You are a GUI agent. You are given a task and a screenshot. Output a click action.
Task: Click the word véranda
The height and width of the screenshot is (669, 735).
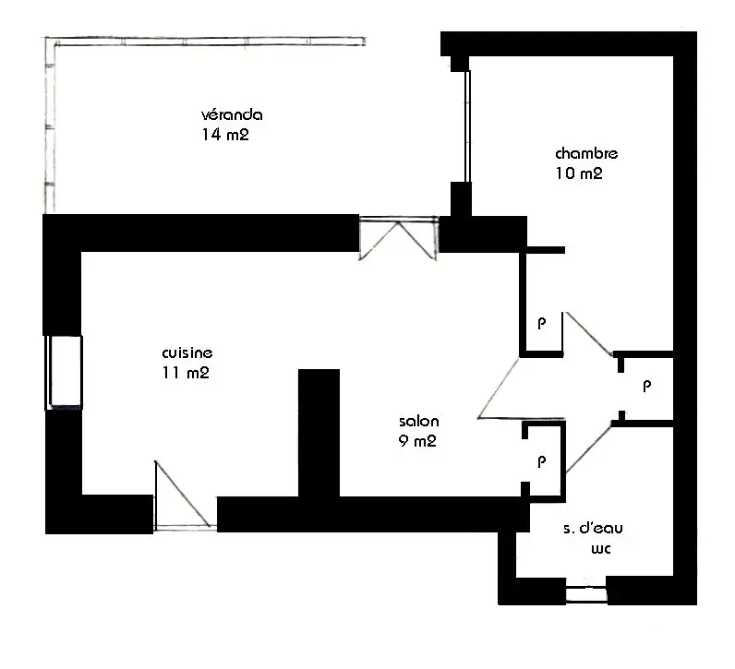(232, 114)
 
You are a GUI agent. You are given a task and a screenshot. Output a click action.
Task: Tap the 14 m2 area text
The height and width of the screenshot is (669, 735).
(225, 135)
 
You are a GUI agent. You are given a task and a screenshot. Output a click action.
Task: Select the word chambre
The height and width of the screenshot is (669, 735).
(586, 153)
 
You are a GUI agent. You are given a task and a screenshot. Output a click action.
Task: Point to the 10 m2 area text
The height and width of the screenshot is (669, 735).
(579, 173)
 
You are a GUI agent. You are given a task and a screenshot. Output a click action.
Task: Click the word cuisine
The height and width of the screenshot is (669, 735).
(187, 352)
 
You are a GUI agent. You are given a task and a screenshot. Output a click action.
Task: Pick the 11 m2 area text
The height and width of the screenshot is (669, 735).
(186, 373)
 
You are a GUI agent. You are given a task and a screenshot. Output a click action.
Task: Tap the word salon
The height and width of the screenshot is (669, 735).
(418, 421)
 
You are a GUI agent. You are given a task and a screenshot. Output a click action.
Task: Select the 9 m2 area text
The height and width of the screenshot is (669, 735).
(417, 441)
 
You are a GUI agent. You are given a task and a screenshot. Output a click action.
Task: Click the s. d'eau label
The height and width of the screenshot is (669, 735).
(593, 528)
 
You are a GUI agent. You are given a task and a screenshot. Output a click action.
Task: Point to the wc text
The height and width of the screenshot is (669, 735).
(600, 548)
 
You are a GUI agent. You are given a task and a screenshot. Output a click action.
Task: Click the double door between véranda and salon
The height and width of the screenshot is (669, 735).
(399, 238)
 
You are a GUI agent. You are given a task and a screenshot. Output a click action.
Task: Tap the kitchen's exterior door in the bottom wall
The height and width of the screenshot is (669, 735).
(186, 496)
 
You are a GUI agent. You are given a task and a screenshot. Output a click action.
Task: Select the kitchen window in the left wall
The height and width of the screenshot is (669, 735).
(65, 373)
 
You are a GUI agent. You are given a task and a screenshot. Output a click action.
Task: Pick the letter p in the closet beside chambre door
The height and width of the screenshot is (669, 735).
(542, 323)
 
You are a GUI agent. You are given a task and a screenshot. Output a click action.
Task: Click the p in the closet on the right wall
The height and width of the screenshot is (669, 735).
(647, 387)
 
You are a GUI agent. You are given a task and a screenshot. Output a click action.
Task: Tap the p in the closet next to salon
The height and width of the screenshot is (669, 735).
(542, 461)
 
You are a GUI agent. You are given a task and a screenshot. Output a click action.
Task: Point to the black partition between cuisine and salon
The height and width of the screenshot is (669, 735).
(319, 433)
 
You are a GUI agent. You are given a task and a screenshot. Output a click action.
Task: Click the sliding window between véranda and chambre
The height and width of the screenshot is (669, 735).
(467, 126)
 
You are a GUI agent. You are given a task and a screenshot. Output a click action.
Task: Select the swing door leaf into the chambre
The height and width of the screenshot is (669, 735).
(588, 333)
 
